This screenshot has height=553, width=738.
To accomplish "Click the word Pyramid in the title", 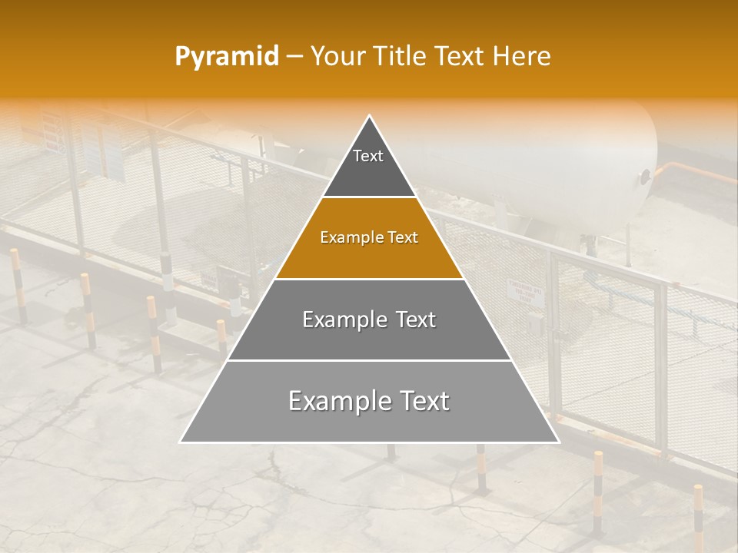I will pyautogui.click(x=226, y=57).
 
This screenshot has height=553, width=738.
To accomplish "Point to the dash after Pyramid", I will pyautogui.click(x=294, y=57).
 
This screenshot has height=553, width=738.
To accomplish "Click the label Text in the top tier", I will pyautogui.click(x=368, y=156).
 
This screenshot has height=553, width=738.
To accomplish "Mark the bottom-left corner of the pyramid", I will pyautogui.click(x=181, y=442).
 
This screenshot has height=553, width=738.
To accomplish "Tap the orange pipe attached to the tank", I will pyautogui.click(x=692, y=173).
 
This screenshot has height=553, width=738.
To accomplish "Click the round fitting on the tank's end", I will pyautogui.click(x=644, y=177).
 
